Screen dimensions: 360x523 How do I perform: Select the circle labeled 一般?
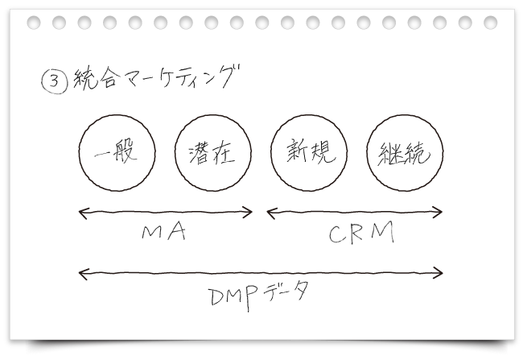pos(117,152)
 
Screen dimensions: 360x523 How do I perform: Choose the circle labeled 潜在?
pos(211,153)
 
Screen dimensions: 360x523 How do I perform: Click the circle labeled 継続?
pos(402,153)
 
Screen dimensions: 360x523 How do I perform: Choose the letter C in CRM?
pos(337,234)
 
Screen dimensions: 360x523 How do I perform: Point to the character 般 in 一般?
pos(126,152)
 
